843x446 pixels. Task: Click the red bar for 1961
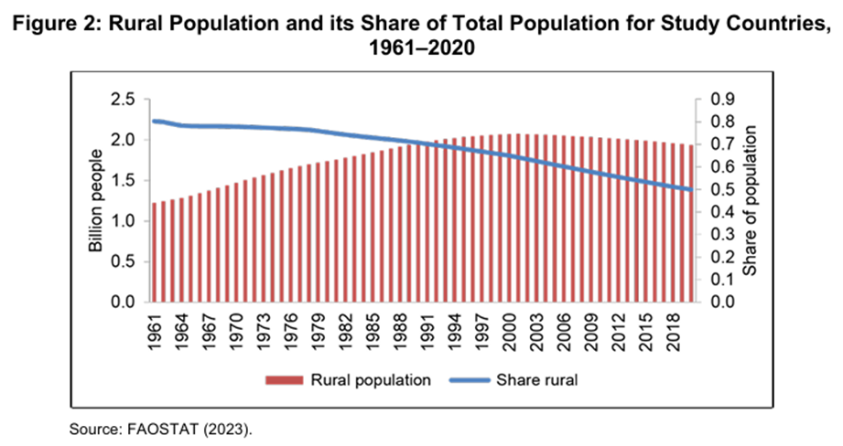point(155,252)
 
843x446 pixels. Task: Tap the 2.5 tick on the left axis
point(125,100)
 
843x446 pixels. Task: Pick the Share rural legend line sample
point(470,380)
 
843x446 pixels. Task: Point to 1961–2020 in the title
point(422,50)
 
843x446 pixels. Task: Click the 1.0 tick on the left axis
point(125,221)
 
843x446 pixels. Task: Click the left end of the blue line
point(154,121)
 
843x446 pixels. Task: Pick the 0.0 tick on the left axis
point(125,303)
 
